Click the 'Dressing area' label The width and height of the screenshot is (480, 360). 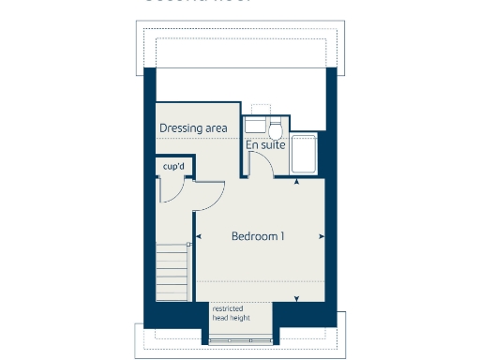click(x=193, y=127)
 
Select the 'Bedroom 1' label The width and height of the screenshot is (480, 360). click(x=258, y=236)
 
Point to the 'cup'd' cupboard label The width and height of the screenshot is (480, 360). click(x=172, y=167)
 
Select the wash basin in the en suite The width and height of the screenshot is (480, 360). click(x=254, y=126)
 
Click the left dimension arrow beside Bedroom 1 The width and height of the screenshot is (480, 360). click(x=198, y=236)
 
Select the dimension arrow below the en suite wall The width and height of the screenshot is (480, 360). click(x=297, y=182)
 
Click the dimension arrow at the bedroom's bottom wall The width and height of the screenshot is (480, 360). click(x=297, y=299)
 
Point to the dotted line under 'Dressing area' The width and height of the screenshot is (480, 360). click(x=197, y=139)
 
